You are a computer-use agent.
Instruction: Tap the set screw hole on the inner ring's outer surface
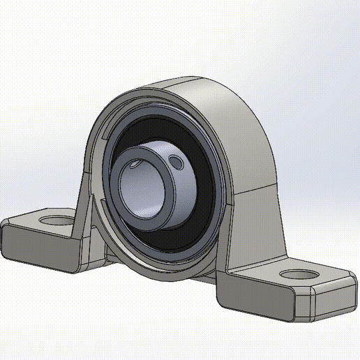point(179,163)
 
